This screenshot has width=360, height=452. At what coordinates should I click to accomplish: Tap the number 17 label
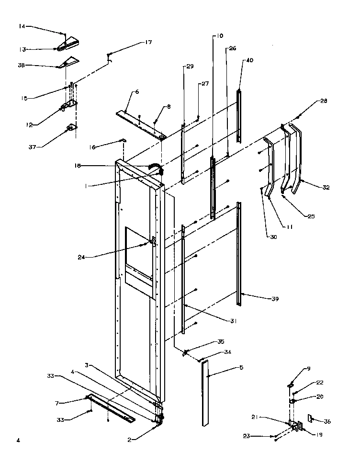148,43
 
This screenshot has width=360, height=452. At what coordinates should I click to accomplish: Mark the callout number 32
326,187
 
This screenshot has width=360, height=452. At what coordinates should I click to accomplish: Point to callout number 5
241,367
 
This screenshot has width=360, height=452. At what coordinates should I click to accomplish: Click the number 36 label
327,421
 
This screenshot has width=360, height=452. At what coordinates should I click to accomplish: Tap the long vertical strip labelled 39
239,254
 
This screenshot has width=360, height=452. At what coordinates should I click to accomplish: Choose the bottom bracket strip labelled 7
110,408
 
